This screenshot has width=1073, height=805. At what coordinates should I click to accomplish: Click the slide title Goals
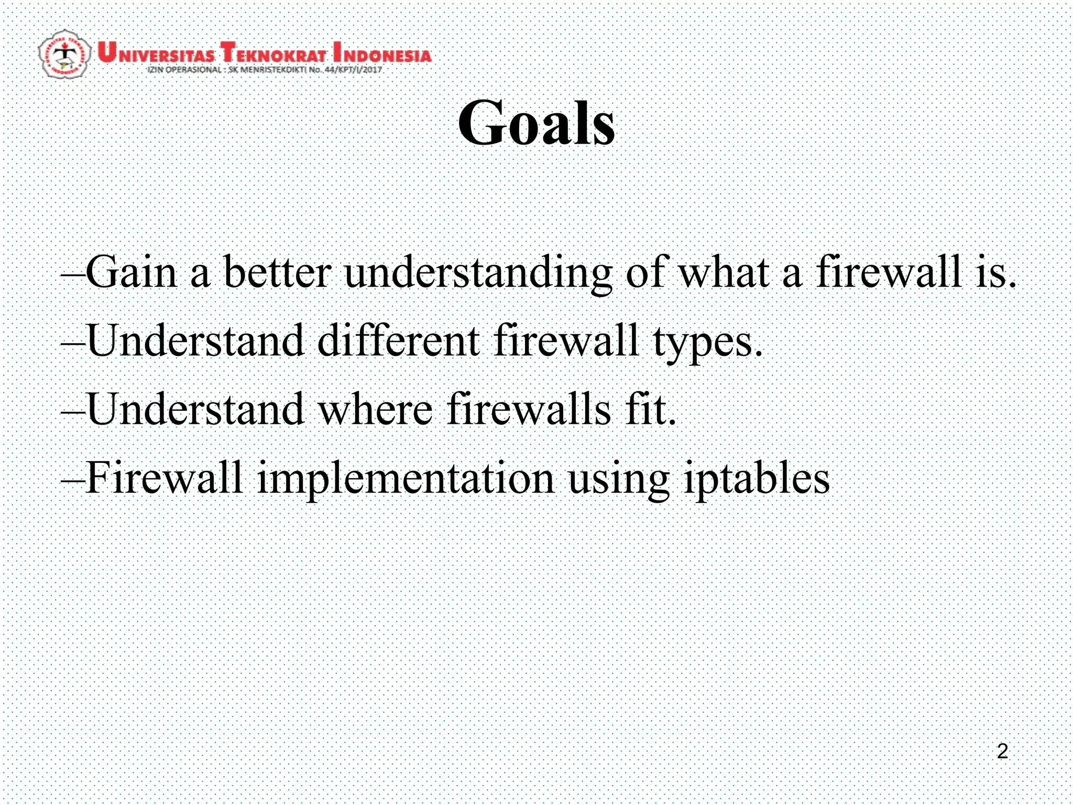pyautogui.click(x=536, y=124)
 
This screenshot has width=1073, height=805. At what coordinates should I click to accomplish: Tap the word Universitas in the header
pyautogui.click(x=156, y=53)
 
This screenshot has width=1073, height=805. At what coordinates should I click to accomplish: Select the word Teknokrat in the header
pyautogui.click(x=273, y=53)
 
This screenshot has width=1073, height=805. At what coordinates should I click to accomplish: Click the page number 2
pyautogui.click(x=1002, y=751)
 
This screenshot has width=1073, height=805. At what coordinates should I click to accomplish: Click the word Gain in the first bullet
pyautogui.click(x=131, y=272)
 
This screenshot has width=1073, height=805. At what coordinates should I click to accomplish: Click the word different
pyautogui.click(x=398, y=340)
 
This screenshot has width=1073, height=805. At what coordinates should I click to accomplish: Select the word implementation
pyautogui.click(x=406, y=479)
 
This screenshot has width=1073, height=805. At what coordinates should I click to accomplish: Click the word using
pyautogui.click(x=619, y=480)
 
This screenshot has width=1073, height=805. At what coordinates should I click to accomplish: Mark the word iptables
pyautogui.click(x=757, y=479)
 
